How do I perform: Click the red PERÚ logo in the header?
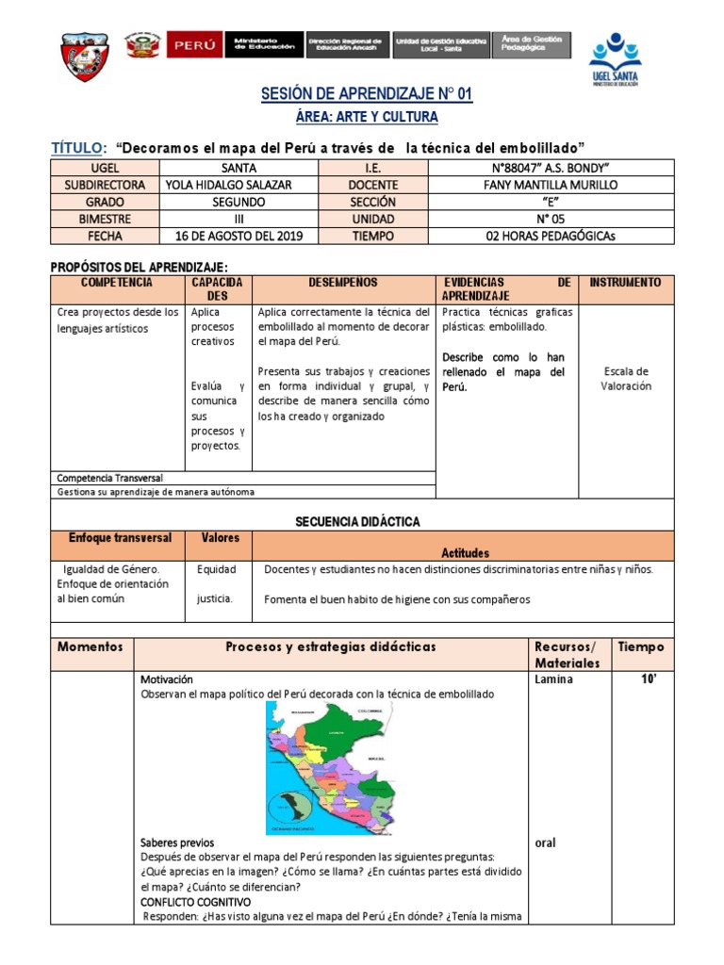(x=194, y=44)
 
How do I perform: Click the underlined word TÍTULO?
(x=78, y=148)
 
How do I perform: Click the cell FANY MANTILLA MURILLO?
(x=550, y=185)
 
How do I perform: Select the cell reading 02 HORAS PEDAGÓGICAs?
(x=550, y=237)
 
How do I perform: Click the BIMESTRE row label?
(x=105, y=219)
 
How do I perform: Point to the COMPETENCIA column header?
(x=117, y=283)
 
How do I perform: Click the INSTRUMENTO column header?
(x=626, y=283)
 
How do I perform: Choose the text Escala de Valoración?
(x=626, y=378)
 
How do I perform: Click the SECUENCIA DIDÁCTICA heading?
(x=357, y=521)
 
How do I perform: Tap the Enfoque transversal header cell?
(x=120, y=538)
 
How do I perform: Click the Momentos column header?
(x=90, y=647)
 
